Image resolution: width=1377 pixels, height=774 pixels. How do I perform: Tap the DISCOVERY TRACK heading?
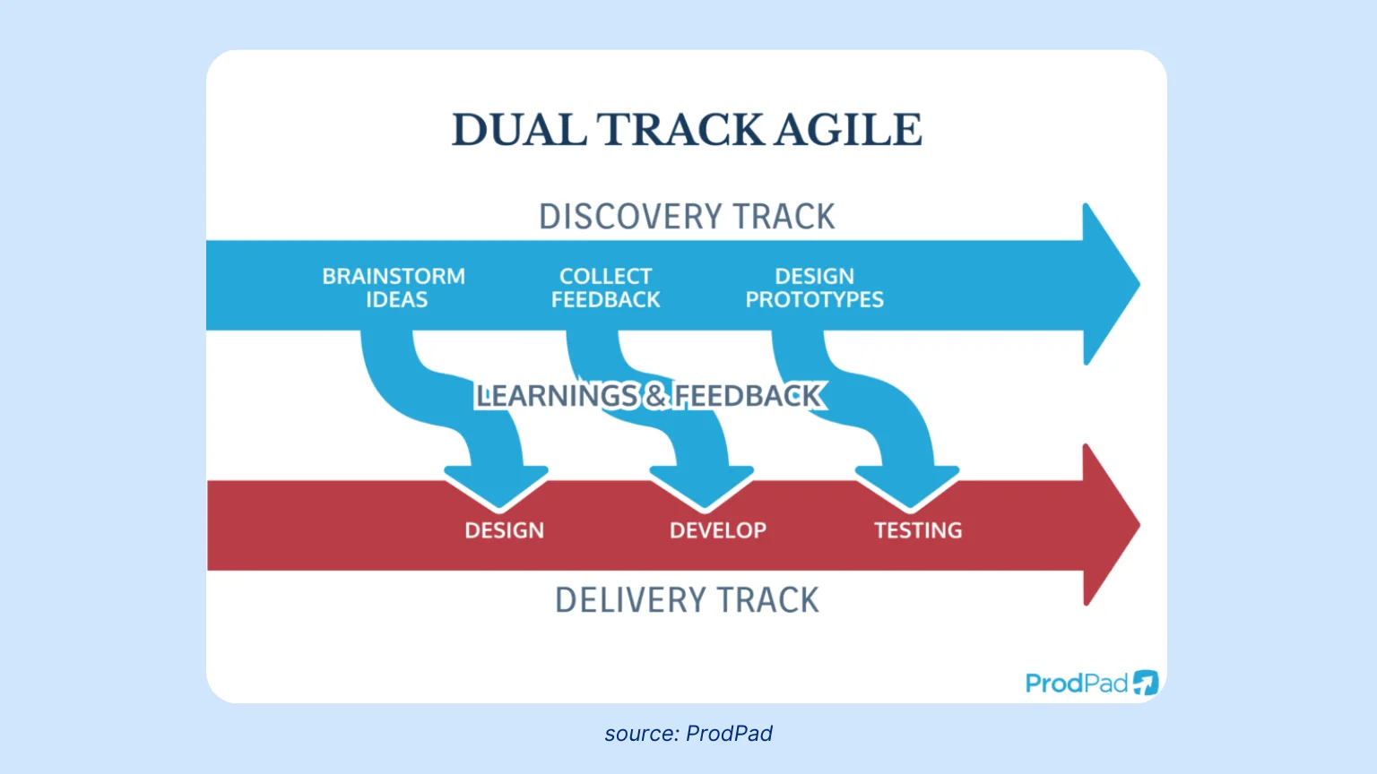click(687, 217)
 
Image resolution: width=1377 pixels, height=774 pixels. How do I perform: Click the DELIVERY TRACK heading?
click(687, 600)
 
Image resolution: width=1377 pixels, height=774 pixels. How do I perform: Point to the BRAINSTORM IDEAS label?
click(394, 288)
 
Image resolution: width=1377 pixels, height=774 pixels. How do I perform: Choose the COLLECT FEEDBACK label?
click(605, 288)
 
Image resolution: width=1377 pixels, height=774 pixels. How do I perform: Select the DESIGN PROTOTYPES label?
click(814, 288)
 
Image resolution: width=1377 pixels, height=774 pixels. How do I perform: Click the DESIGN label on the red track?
click(504, 530)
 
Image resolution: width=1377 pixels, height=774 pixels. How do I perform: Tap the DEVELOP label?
click(717, 530)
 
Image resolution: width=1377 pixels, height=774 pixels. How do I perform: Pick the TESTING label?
click(918, 530)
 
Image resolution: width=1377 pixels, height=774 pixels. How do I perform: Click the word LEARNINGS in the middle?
click(557, 396)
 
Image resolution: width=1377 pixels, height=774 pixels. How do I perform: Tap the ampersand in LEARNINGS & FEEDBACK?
click(656, 396)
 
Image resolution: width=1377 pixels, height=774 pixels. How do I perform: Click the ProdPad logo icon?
click(1146, 683)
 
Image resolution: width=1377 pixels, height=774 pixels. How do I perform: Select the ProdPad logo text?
click(1076, 684)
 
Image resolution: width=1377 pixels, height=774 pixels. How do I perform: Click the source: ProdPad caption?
click(688, 734)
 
